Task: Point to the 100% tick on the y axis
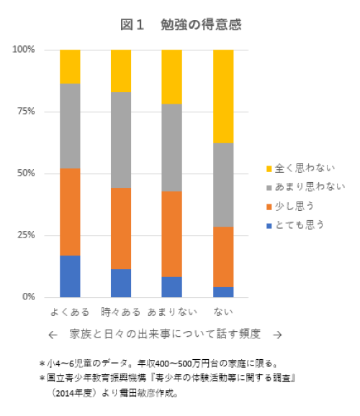(x=24, y=50)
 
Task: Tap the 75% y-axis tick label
(x=26, y=112)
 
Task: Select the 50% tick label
(x=26, y=173)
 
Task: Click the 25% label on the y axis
(x=26, y=235)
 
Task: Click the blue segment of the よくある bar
(x=70, y=276)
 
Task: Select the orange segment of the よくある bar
(x=70, y=212)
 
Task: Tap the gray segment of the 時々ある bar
(x=121, y=140)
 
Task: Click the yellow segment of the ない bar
(x=223, y=96)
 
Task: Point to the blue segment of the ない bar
(x=223, y=291)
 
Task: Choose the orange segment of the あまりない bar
(x=172, y=234)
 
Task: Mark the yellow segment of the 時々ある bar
(x=121, y=71)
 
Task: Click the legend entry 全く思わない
(x=302, y=168)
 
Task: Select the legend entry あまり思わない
(x=307, y=187)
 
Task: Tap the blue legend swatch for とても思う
(x=269, y=225)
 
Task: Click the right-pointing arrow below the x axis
(x=277, y=335)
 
